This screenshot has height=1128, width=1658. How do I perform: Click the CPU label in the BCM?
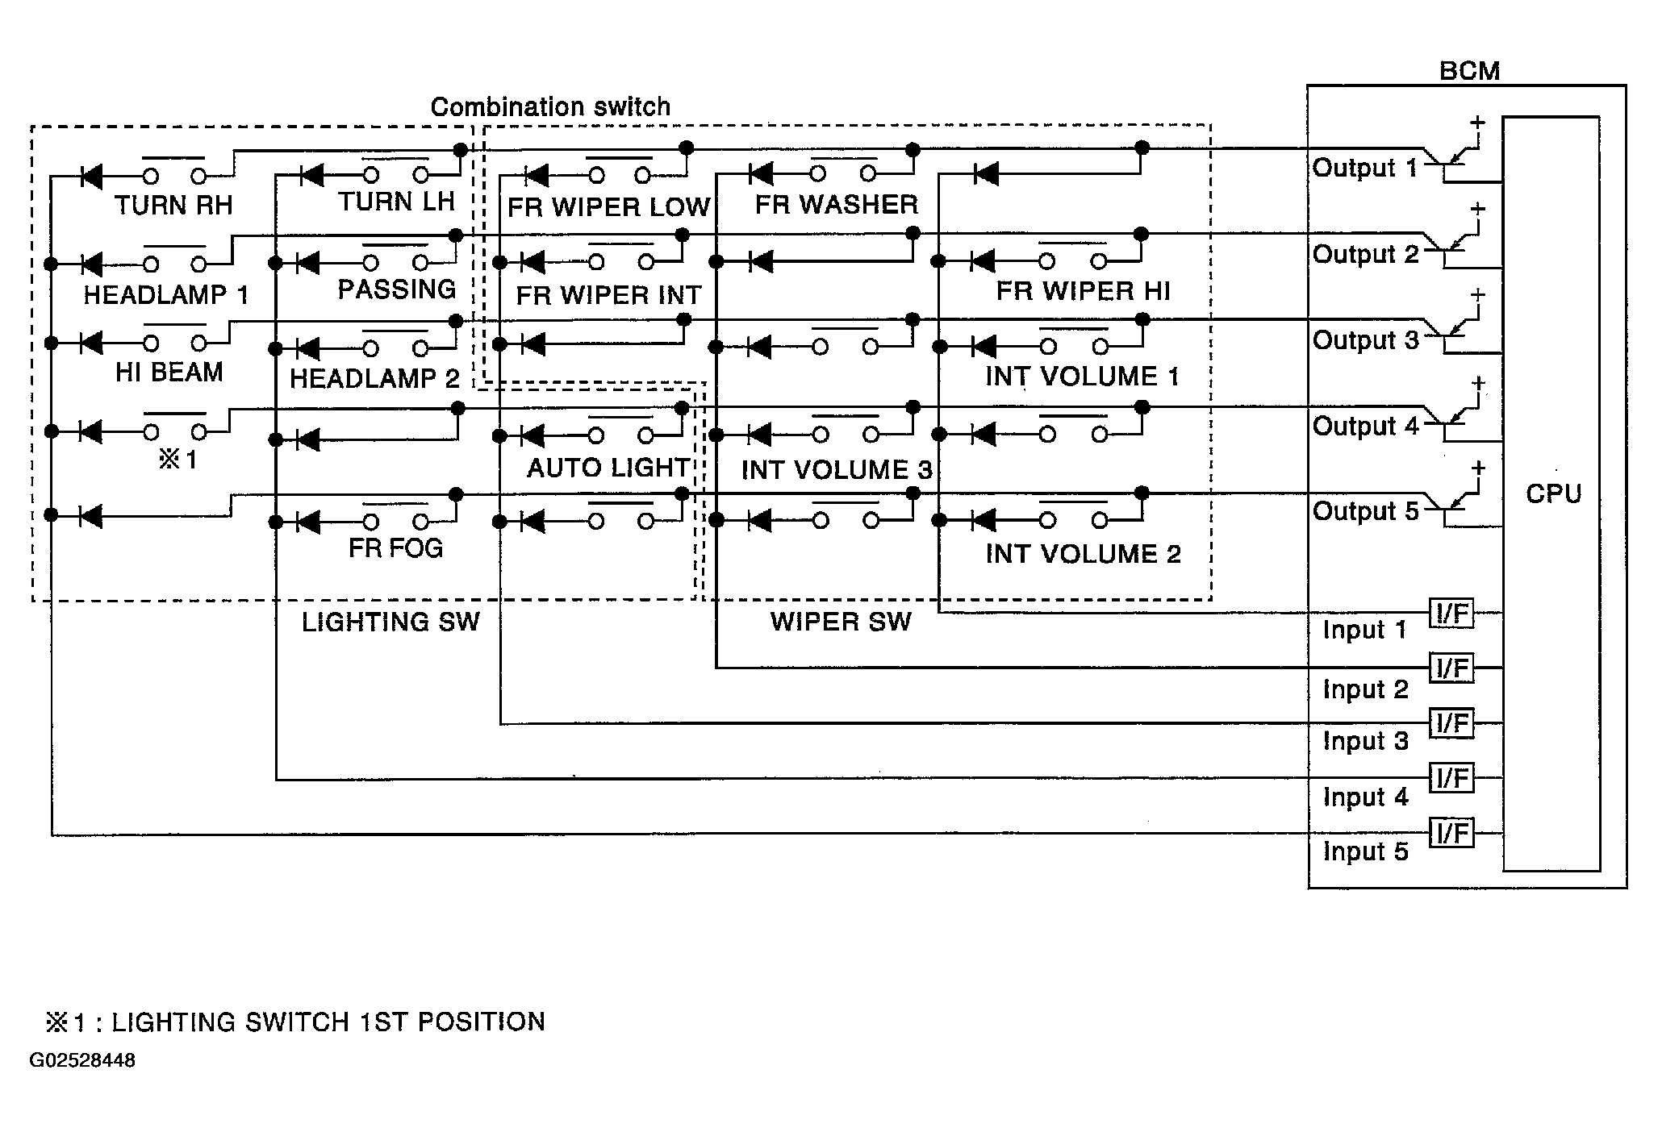(x=1553, y=493)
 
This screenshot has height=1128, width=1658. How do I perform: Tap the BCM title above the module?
(x=1469, y=71)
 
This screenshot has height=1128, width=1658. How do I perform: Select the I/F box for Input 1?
(x=1451, y=614)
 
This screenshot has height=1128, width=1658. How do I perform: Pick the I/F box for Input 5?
(x=1451, y=833)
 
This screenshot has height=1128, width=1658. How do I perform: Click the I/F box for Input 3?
(x=1451, y=723)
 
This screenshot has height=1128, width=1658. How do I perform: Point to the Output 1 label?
(x=1364, y=168)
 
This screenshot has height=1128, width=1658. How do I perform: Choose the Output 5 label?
(x=1364, y=511)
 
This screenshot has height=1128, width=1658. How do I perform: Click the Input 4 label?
(x=1365, y=797)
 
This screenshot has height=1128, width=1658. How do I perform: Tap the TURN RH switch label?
(x=173, y=206)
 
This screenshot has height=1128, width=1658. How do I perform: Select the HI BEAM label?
(x=169, y=373)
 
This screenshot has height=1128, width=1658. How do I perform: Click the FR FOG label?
(x=395, y=548)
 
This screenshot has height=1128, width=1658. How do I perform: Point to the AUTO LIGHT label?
(x=608, y=468)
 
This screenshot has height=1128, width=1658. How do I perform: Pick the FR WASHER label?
(x=837, y=205)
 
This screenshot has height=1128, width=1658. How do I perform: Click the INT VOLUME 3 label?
(x=837, y=469)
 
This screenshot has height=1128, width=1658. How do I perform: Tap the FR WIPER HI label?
(x=1083, y=291)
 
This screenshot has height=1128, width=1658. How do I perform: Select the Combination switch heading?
(x=550, y=106)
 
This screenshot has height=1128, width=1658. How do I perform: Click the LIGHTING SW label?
(x=390, y=622)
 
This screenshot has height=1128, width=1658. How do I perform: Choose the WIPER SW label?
(x=841, y=622)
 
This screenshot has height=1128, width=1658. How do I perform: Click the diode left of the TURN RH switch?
(x=92, y=176)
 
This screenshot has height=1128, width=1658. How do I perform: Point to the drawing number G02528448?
(x=82, y=1060)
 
